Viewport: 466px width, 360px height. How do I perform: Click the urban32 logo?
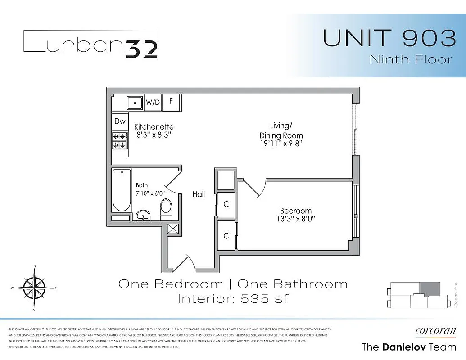(x=90, y=44)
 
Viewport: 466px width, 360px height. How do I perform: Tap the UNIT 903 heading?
(x=389, y=38)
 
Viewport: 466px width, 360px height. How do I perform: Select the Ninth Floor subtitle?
(x=411, y=59)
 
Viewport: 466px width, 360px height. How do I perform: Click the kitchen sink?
(x=135, y=103)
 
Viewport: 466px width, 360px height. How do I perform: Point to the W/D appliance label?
(x=153, y=102)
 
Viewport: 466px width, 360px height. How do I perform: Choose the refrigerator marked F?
(x=171, y=101)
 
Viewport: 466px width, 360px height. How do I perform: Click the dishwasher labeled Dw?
(x=119, y=121)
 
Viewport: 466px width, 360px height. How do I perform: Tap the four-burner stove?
(x=119, y=140)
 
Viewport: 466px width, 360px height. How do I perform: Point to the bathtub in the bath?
(x=122, y=190)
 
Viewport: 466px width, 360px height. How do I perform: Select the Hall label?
(x=199, y=194)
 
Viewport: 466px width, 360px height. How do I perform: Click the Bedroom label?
(x=296, y=211)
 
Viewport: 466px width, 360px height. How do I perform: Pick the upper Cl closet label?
(x=227, y=204)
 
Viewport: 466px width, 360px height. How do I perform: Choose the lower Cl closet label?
(x=227, y=235)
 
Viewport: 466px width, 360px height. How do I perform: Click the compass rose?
(x=34, y=288)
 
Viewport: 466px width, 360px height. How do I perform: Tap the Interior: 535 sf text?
(x=233, y=298)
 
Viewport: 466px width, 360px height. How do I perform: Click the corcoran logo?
(x=435, y=331)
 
